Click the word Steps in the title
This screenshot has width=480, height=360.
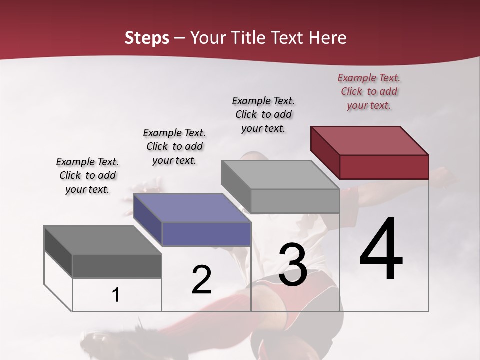pyautogui.click(x=147, y=38)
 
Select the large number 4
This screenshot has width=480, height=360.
pyautogui.click(x=381, y=250)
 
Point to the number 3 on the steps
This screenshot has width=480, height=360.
pyautogui.click(x=292, y=265)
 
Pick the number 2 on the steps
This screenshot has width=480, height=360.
pyautogui.click(x=201, y=280)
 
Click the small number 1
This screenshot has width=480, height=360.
pyautogui.click(x=116, y=295)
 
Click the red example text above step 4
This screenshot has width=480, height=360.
pyautogui.click(x=369, y=91)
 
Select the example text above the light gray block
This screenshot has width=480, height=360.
pyautogui.click(x=263, y=114)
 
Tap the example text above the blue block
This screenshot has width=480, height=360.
pyautogui.click(x=174, y=146)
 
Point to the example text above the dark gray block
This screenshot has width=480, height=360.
pyautogui.click(x=87, y=175)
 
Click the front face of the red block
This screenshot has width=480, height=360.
pyautogui.click(x=384, y=167)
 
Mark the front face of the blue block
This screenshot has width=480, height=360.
pyautogui.click(x=206, y=234)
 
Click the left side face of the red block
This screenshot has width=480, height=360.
pyautogui.click(x=325, y=152)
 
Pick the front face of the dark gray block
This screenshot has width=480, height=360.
pyautogui.click(x=117, y=266)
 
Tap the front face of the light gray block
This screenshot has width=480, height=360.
pyautogui.click(x=295, y=201)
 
